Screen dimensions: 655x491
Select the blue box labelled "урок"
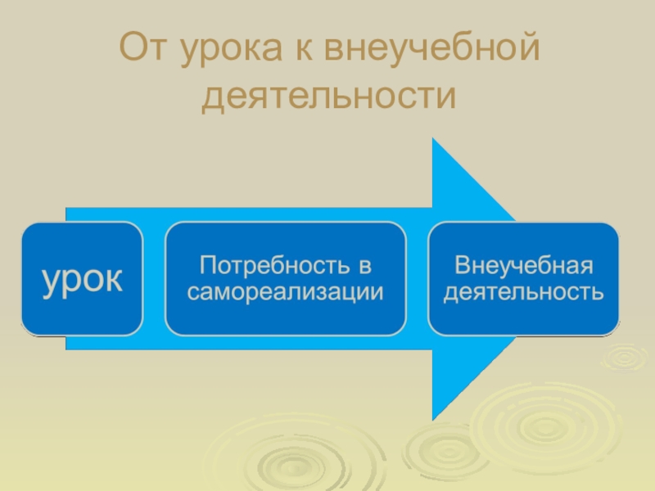[82, 279]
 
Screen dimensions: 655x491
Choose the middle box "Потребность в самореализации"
[285, 279]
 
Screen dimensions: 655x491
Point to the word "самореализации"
[285, 291]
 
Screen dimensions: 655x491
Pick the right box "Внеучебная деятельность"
[523, 279]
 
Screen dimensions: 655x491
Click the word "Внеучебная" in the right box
[523, 266]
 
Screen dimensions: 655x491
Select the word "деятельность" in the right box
[523, 291]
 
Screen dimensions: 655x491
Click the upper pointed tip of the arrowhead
[434, 141]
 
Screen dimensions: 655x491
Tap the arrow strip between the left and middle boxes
[154, 279]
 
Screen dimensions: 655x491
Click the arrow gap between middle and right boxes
[417, 279]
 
